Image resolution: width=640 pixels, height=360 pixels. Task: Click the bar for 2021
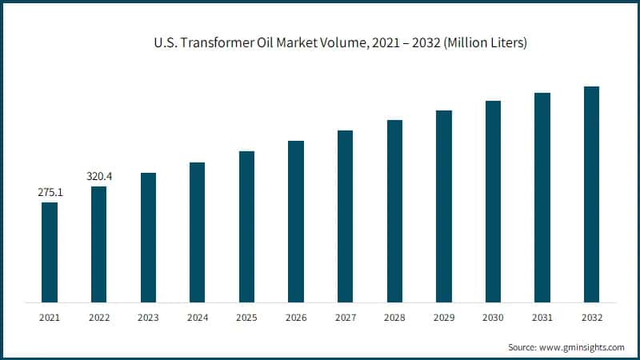(50, 252)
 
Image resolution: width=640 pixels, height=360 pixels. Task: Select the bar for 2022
(98, 244)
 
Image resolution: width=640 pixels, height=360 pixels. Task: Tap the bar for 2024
(197, 232)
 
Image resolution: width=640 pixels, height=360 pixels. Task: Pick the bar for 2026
(296, 222)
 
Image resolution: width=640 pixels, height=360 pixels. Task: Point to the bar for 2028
(394, 211)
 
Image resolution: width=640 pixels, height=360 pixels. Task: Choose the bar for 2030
(493, 202)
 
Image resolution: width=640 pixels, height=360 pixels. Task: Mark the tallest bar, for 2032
(591, 194)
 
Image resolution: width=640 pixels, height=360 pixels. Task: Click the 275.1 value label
(50, 193)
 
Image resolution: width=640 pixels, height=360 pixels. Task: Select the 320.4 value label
(98, 177)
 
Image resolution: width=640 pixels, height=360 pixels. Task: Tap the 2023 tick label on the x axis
(148, 318)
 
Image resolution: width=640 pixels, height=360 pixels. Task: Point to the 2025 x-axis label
(246, 318)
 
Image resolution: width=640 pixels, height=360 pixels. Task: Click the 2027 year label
(345, 318)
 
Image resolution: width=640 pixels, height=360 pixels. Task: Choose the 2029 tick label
(444, 318)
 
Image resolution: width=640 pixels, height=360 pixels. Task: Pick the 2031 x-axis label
(542, 318)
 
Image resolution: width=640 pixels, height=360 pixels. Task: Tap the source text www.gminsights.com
(566, 347)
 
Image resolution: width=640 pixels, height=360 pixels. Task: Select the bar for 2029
(444, 206)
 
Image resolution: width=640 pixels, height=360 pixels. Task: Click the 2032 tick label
(591, 318)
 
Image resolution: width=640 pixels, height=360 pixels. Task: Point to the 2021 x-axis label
(50, 318)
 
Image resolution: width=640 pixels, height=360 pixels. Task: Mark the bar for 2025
(246, 226)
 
